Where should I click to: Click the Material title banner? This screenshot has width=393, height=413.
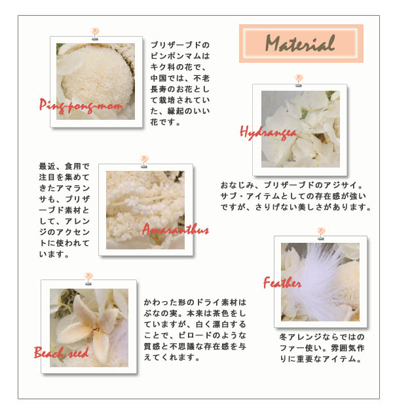301,43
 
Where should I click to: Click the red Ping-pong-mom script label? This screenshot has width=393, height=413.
81,106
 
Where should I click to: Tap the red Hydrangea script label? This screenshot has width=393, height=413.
268,133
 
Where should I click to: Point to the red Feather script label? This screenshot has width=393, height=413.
282,283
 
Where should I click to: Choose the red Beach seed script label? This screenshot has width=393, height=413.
61,352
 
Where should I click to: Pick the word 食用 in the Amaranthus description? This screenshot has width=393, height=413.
73,166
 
